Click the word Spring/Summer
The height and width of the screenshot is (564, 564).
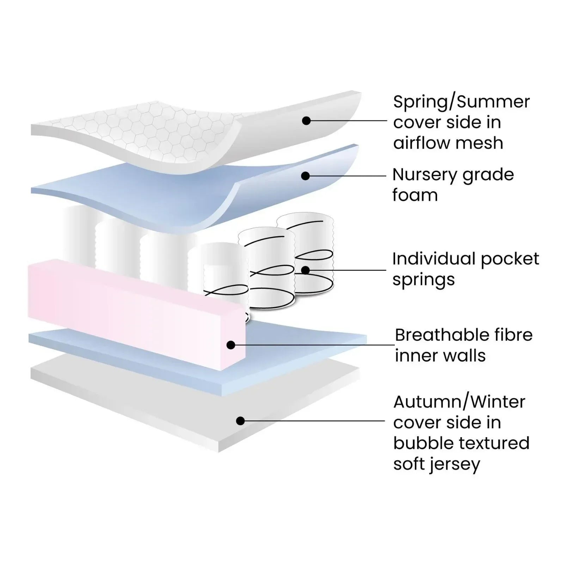click(461, 102)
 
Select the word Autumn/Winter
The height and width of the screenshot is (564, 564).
click(459, 402)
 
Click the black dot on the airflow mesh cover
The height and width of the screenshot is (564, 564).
click(306, 121)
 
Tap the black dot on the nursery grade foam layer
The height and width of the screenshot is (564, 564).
click(306, 176)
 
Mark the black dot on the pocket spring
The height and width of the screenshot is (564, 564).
click(306, 270)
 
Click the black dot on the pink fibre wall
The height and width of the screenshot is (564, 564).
click(231, 345)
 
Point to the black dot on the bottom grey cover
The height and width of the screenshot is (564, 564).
click(240, 421)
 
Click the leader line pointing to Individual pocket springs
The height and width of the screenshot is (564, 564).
click(346, 270)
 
